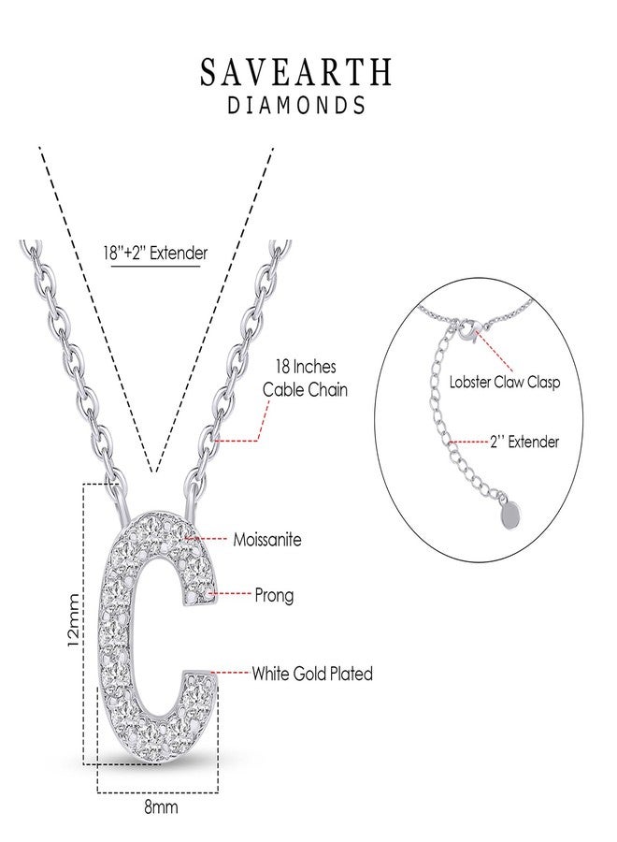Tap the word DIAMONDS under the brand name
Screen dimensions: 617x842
[x=296, y=105]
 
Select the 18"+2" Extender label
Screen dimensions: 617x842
[x=155, y=253]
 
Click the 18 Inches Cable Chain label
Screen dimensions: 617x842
[x=305, y=379]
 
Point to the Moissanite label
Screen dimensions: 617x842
[x=267, y=539]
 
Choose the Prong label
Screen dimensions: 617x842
[x=274, y=595]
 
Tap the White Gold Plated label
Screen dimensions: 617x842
[x=312, y=673]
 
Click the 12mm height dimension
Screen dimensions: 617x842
[x=74, y=620]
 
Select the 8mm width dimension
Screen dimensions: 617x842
[x=161, y=806]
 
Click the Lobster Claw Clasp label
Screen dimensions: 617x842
[x=504, y=383]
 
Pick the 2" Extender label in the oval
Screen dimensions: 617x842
[x=524, y=442]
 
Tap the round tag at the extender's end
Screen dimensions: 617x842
[x=510, y=515]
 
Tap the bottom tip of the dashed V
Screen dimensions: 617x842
[x=154, y=472]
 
